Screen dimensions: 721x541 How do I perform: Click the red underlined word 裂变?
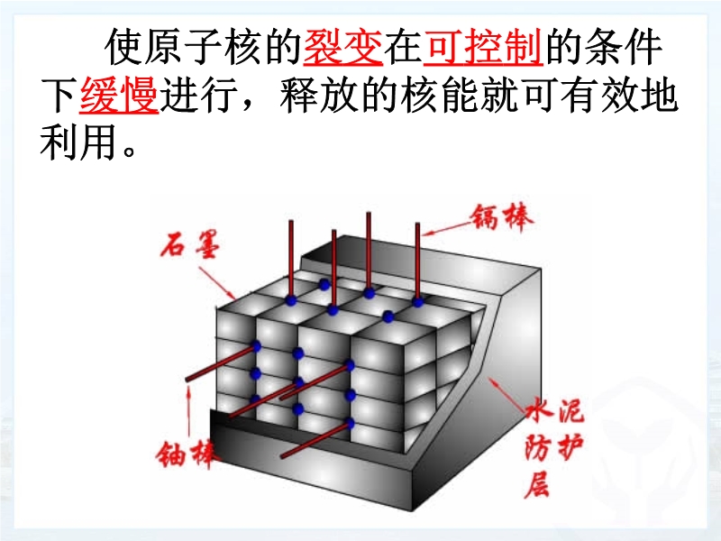tap(342, 47)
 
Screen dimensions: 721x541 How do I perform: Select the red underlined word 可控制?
tap(482, 47)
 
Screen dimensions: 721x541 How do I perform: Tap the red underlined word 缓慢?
tap(119, 96)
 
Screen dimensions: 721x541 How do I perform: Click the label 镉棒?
tap(502, 216)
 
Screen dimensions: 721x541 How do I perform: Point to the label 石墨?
tap(190, 244)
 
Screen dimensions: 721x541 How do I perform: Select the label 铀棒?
tap(186, 454)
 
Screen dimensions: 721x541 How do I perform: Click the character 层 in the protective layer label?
tap(536, 484)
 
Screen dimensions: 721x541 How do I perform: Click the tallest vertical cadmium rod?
tap(369, 252)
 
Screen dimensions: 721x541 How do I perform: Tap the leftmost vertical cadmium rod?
tap(291, 261)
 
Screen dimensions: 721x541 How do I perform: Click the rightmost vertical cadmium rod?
tap(417, 262)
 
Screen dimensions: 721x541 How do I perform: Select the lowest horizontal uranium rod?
tap(316, 441)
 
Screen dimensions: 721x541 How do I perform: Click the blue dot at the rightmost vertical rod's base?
tap(417, 302)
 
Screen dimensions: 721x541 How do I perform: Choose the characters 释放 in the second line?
tap(319, 96)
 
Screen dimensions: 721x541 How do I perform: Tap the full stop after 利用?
tap(129, 151)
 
